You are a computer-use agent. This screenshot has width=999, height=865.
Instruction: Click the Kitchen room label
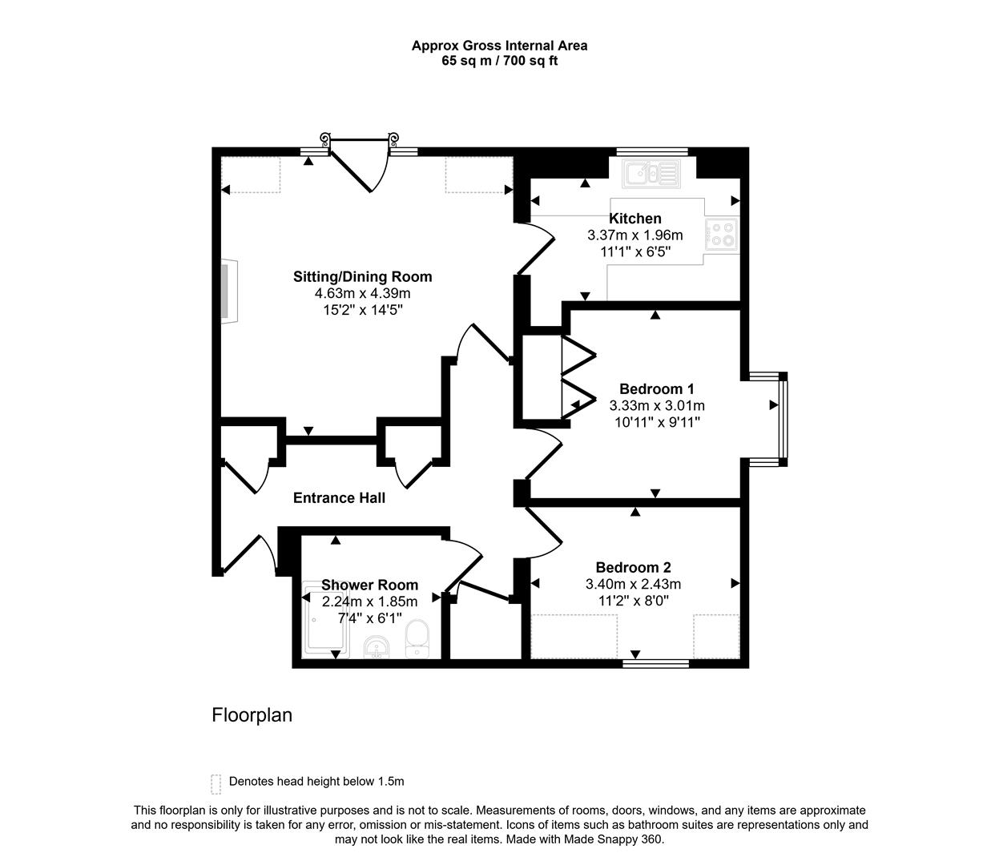(635, 219)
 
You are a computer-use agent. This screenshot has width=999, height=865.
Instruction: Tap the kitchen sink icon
(652, 174)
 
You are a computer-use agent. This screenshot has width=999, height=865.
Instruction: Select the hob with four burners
(723, 235)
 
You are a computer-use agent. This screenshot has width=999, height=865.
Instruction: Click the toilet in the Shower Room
(417, 639)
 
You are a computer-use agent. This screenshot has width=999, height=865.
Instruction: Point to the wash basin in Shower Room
(377, 647)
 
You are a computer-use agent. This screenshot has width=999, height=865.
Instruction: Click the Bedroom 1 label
(657, 388)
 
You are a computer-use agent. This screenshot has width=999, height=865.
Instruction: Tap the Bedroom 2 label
(633, 567)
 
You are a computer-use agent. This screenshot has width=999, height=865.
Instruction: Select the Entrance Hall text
(340, 497)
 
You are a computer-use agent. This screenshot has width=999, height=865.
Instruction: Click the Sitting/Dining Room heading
(362, 276)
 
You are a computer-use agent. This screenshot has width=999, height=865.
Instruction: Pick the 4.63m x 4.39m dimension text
(362, 293)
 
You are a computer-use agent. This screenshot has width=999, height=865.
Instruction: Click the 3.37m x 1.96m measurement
(635, 235)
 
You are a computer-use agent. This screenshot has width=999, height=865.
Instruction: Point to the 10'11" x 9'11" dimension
(657, 422)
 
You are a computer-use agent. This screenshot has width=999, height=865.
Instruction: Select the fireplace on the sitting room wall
(229, 291)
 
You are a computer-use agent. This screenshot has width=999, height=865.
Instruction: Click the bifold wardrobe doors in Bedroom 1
(578, 378)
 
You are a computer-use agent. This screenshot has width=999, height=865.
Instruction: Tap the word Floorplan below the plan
(252, 715)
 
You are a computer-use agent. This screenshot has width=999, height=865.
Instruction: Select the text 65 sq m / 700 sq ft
(500, 61)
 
